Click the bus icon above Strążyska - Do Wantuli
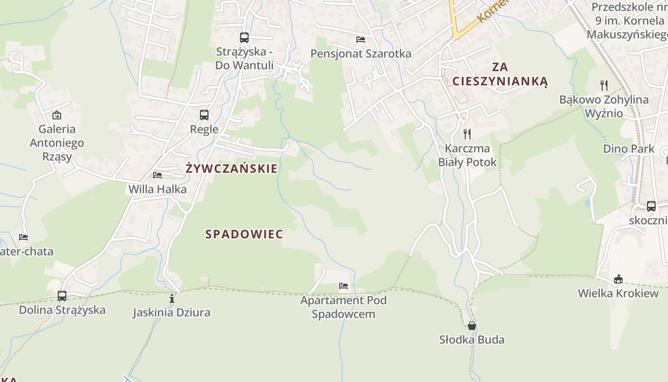(244, 37)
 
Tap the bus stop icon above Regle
(204, 115)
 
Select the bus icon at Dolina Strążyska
(62, 296)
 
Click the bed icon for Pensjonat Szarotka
(361, 39)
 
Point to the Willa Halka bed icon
(157, 175)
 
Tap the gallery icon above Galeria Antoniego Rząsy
(57, 115)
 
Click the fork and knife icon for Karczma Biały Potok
(467, 134)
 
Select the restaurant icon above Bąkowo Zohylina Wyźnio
(604, 85)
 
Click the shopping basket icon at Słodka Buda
(472, 326)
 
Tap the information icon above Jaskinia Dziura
(172, 299)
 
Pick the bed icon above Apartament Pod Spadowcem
(344, 286)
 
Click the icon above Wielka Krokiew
(618, 279)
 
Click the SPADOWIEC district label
(244, 234)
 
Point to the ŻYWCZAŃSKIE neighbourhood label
(231, 169)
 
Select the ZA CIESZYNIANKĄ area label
(500, 74)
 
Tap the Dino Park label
(629, 149)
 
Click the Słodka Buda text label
(472, 340)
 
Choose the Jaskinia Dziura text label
(172, 313)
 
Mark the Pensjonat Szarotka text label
(361, 53)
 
